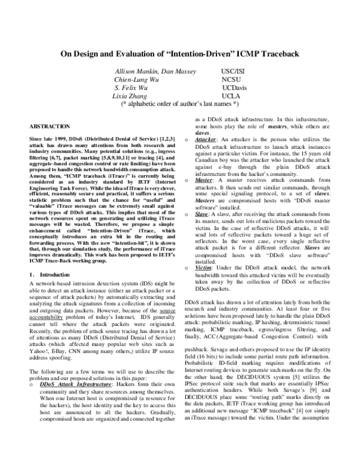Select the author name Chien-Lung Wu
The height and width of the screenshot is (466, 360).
tap(136, 79)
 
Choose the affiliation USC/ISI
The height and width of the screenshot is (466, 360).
tap(235, 71)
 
